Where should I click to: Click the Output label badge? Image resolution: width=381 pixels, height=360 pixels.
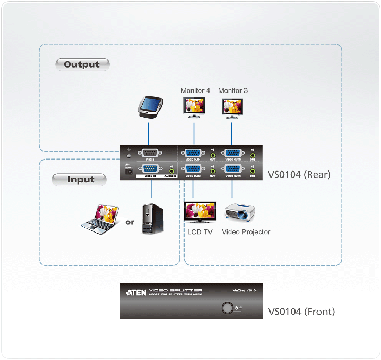[x=82, y=64]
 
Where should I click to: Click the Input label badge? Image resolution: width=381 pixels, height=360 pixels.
[x=81, y=179]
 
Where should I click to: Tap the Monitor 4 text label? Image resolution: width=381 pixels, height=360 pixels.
[x=195, y=90]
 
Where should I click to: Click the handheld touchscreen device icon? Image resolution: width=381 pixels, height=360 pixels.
[x=148, y=107]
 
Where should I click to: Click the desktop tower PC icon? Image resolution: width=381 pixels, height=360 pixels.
[x=151, y=218]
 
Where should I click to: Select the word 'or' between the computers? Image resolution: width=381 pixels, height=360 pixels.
[x=130, y=222]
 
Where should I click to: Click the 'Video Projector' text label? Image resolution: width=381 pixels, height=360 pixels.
[x=245, y=232]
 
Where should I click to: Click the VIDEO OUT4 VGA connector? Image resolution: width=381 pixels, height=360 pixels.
[x=193, y=154]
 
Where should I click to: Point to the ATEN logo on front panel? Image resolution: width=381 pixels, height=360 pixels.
[x=136, y=292]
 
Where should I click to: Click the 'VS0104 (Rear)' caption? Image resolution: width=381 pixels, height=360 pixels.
[x=299, y=175]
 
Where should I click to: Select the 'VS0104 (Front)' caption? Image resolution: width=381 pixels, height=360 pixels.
[x=301, y=312]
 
